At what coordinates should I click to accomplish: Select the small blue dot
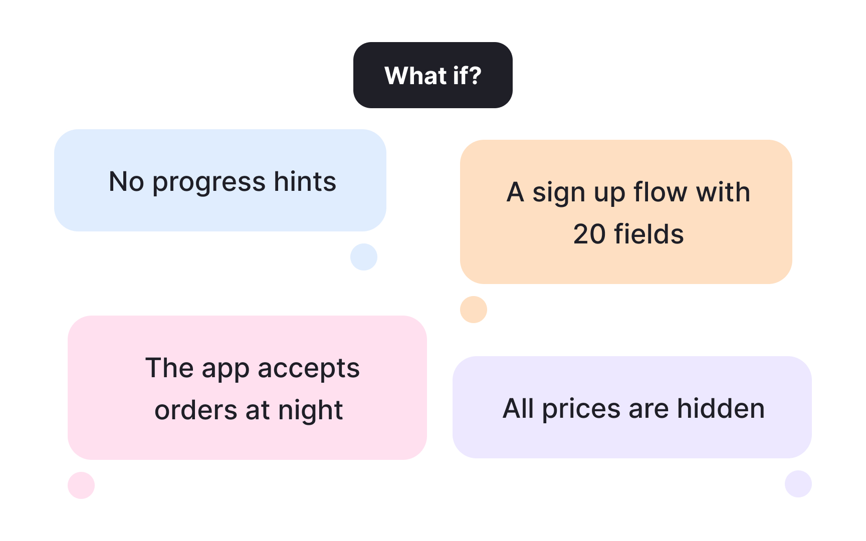[364, 257]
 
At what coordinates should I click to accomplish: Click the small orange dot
[474, 310]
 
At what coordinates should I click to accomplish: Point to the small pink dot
[81, 485]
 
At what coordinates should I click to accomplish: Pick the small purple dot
[798, 484]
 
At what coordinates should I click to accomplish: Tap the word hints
[305, 181]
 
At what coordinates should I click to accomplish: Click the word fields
[649, 234]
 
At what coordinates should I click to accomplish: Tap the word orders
[196, 410]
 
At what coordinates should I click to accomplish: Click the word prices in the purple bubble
[581, 410]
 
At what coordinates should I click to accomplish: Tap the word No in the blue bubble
[126, 181]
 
